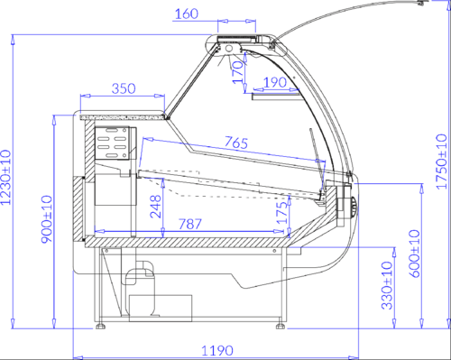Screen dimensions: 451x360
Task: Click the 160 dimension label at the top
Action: [187, 14]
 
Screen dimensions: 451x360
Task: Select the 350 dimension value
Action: [124, 88]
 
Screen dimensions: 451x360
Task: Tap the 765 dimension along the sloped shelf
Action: [236, 143]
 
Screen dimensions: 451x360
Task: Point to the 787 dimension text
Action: [190, 224]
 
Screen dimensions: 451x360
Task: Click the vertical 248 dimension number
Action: [156, 207]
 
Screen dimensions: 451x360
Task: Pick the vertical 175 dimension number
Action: [282, 213]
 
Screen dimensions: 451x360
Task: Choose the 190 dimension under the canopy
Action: [275, 82]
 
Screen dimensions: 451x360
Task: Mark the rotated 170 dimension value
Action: [238, 72]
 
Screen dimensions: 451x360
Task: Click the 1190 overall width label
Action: [216, 351]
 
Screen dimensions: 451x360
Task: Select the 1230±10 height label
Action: [5, 178]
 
